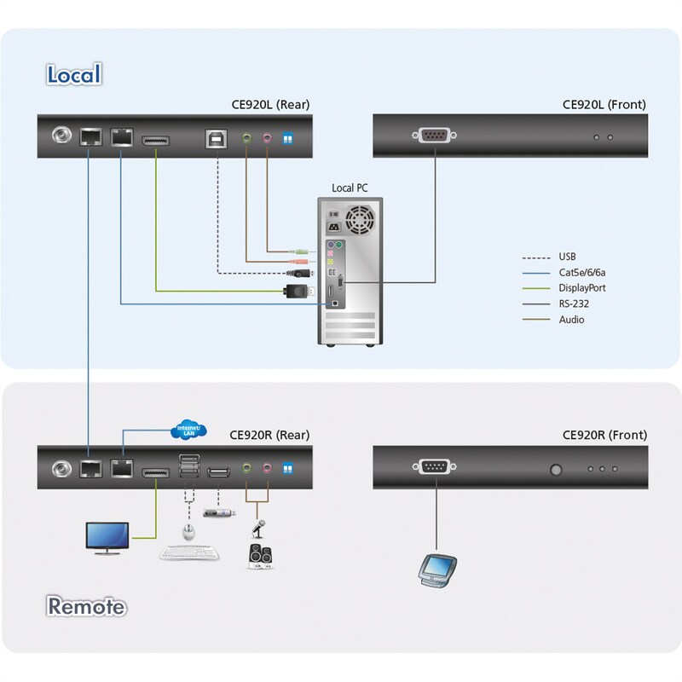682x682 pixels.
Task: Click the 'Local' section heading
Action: click(x=73, y=74)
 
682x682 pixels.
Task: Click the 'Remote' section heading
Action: click(x=87, y=607)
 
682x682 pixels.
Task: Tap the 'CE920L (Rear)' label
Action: click(x=270, y=105)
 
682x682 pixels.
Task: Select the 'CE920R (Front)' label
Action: click(x=604, y=435)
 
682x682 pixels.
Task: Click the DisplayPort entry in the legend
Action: click(x=581, y=288)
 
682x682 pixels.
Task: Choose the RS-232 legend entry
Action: click(x=573, y=303)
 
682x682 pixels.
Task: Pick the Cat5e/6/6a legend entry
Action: click(x=582, y=272)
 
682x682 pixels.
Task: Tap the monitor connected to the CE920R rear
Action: click(x=107, y=537)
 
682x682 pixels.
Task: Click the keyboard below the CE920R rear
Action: click(x=190, y=553)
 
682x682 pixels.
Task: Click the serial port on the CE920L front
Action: click(x=434, y=136)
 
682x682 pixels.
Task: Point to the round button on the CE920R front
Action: click(x=558, y=469)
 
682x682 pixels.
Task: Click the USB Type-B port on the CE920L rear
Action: click(x=214, y=136)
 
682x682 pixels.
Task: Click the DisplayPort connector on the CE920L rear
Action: click(x=155, y=137)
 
